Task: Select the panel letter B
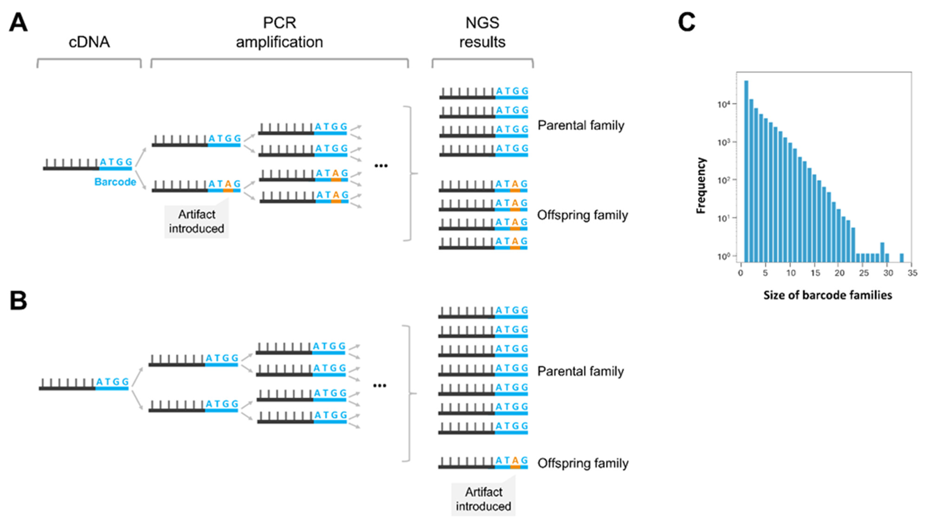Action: coord(18,301)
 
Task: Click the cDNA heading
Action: coord(89,42)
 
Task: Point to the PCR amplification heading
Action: coord(279,32)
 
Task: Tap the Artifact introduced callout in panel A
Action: coord(197,221)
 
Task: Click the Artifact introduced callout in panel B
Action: coord(483,499)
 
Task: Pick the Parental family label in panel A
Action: coord(581,125)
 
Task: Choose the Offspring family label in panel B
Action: coord(583,463)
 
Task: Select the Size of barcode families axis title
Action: coord(828,295)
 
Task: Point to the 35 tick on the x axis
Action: coord(912,273)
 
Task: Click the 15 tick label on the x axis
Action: coord(815,273)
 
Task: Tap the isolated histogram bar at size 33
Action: coord(901,258)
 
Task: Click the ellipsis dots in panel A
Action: coord(381,166)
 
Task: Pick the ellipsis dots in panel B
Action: coord(380,386)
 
